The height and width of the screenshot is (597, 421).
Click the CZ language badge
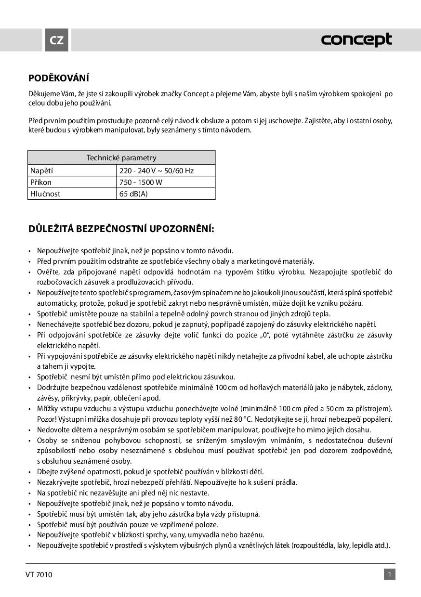[57, 40]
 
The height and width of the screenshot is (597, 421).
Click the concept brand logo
[356, 40]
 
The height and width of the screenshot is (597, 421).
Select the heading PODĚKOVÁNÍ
[59, 78]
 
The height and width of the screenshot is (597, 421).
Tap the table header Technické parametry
[121, 157]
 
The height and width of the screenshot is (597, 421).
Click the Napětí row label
[42, 170]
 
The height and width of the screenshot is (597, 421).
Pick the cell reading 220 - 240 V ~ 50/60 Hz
[157, 170]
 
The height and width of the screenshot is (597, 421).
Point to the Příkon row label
[41, 182]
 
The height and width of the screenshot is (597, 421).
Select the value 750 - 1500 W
[141, 182]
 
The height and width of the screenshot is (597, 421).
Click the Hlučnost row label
[45, 194]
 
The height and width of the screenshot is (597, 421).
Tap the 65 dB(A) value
[133, 194]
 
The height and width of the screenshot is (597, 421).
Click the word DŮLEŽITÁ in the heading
[51, 228]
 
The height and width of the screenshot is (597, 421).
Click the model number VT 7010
[39, 574]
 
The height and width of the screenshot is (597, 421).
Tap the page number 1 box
[389, 574]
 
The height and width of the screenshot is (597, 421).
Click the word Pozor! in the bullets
[47, 419]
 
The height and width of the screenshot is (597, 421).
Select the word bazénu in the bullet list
[253, 535]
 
